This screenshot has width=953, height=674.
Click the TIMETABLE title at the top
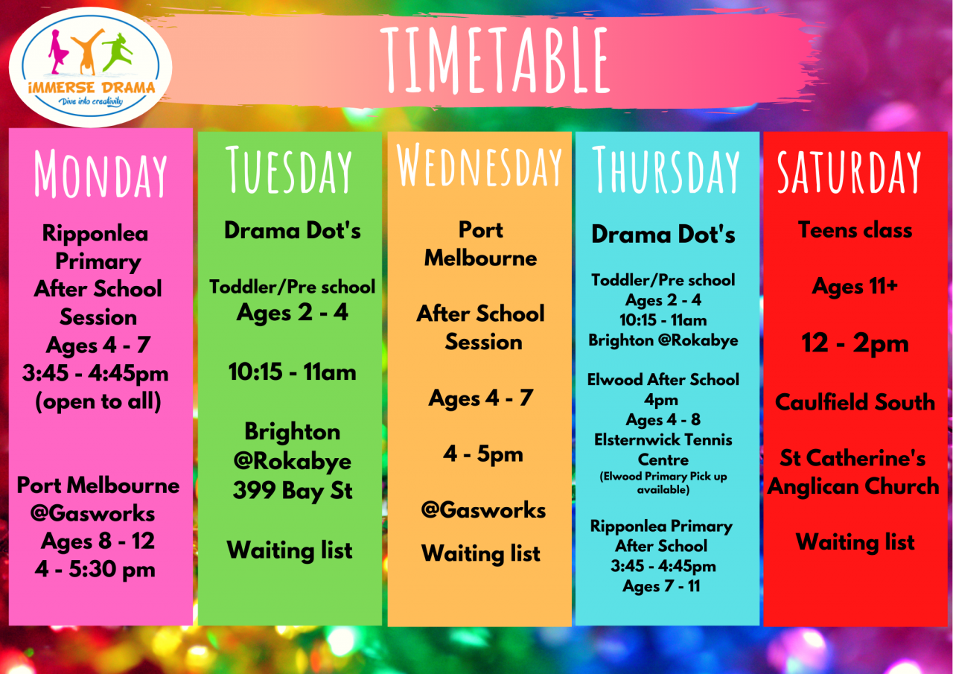click(495, 60)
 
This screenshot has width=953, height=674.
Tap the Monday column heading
click(101, 174)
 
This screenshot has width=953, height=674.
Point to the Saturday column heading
click(850, 172)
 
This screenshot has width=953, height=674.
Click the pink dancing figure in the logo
click(58, 52)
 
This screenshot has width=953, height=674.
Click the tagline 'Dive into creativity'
click(91, 101)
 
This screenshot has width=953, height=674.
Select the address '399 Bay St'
click(293, 491)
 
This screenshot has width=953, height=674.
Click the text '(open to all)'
click(98, 401)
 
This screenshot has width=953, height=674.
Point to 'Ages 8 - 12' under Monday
click(98, 541)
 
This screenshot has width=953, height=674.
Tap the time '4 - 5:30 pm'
click(95, 569)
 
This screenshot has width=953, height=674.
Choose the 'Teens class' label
click(855, 230)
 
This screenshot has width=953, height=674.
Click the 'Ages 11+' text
click(855, 287)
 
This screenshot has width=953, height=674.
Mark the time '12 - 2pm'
click(855, 343)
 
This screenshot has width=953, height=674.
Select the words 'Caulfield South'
click(855, 402)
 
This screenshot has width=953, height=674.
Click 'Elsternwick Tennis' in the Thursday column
click(663, 439)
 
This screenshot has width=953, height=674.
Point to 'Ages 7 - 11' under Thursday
click(662, 586)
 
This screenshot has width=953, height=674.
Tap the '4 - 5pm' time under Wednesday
click(483, 454)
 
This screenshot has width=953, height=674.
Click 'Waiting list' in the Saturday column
click(855, 542)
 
